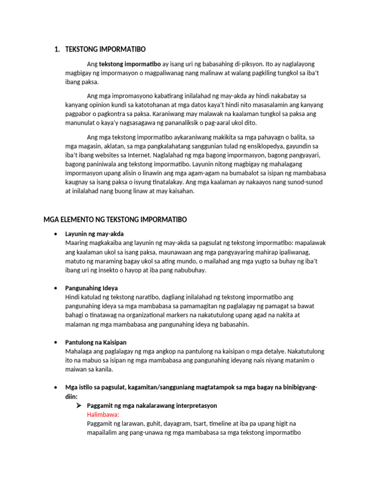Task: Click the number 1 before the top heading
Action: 56,49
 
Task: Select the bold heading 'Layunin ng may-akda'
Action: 94,234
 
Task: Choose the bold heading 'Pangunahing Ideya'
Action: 92,288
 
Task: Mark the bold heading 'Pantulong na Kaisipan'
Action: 96,342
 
